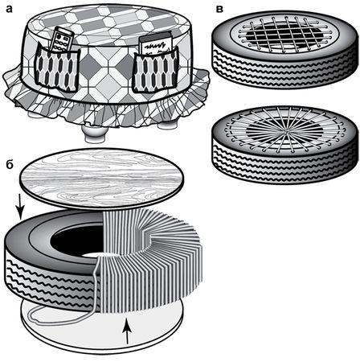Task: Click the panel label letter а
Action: (x=10, y=9)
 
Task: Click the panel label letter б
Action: (x=10, y=164)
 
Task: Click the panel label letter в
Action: (x=219, y=9)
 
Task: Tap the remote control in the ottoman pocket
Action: (x=62, y=39)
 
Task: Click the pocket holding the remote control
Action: (x=57, y=69)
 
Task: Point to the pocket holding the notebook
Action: (x=155, y=69)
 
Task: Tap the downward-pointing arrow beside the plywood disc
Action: (x=21, y=208)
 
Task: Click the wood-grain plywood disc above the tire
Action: (x=102, y=178)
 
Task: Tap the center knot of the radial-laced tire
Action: (x=287, y=131)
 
